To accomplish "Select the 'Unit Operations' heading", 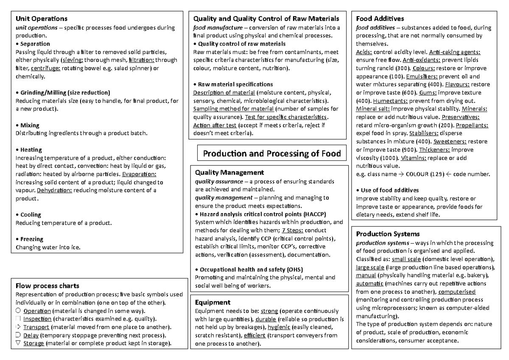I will click(x=41, y=19).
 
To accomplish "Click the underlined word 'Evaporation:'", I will click(x=139, y=174).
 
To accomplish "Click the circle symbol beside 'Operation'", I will click(x=18, y=311).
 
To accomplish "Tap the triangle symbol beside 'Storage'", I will click(x=18, y=343).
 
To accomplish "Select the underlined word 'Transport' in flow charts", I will click(x=36, y=327).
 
